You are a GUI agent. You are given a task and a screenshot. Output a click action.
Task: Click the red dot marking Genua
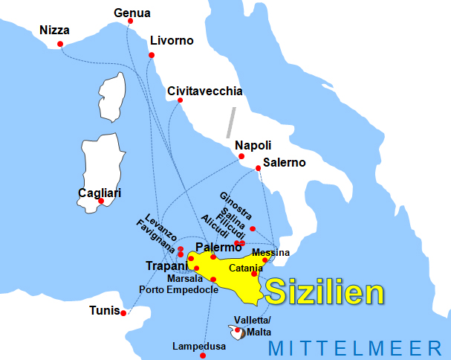131,21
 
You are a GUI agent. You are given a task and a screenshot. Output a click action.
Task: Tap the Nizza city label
54,30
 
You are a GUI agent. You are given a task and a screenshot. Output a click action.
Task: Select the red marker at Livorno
152,55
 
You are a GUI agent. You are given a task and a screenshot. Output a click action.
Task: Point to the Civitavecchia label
205,91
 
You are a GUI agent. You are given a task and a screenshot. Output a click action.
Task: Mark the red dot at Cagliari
101,201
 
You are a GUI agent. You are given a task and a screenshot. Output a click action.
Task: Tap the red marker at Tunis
123,313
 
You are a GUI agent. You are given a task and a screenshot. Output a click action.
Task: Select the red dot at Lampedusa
202,356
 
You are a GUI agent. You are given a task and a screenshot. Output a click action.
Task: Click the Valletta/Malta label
253,325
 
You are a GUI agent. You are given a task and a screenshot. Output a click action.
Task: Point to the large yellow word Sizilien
325,292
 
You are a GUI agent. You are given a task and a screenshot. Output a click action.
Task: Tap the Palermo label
218,247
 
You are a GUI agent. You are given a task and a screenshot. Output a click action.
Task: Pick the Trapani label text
167,266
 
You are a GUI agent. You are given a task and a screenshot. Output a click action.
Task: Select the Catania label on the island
246,268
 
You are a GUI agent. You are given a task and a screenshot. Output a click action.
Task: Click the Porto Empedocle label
179,289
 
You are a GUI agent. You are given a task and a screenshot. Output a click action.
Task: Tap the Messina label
270,253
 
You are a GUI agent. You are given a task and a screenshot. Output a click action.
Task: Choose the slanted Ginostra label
236,205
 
